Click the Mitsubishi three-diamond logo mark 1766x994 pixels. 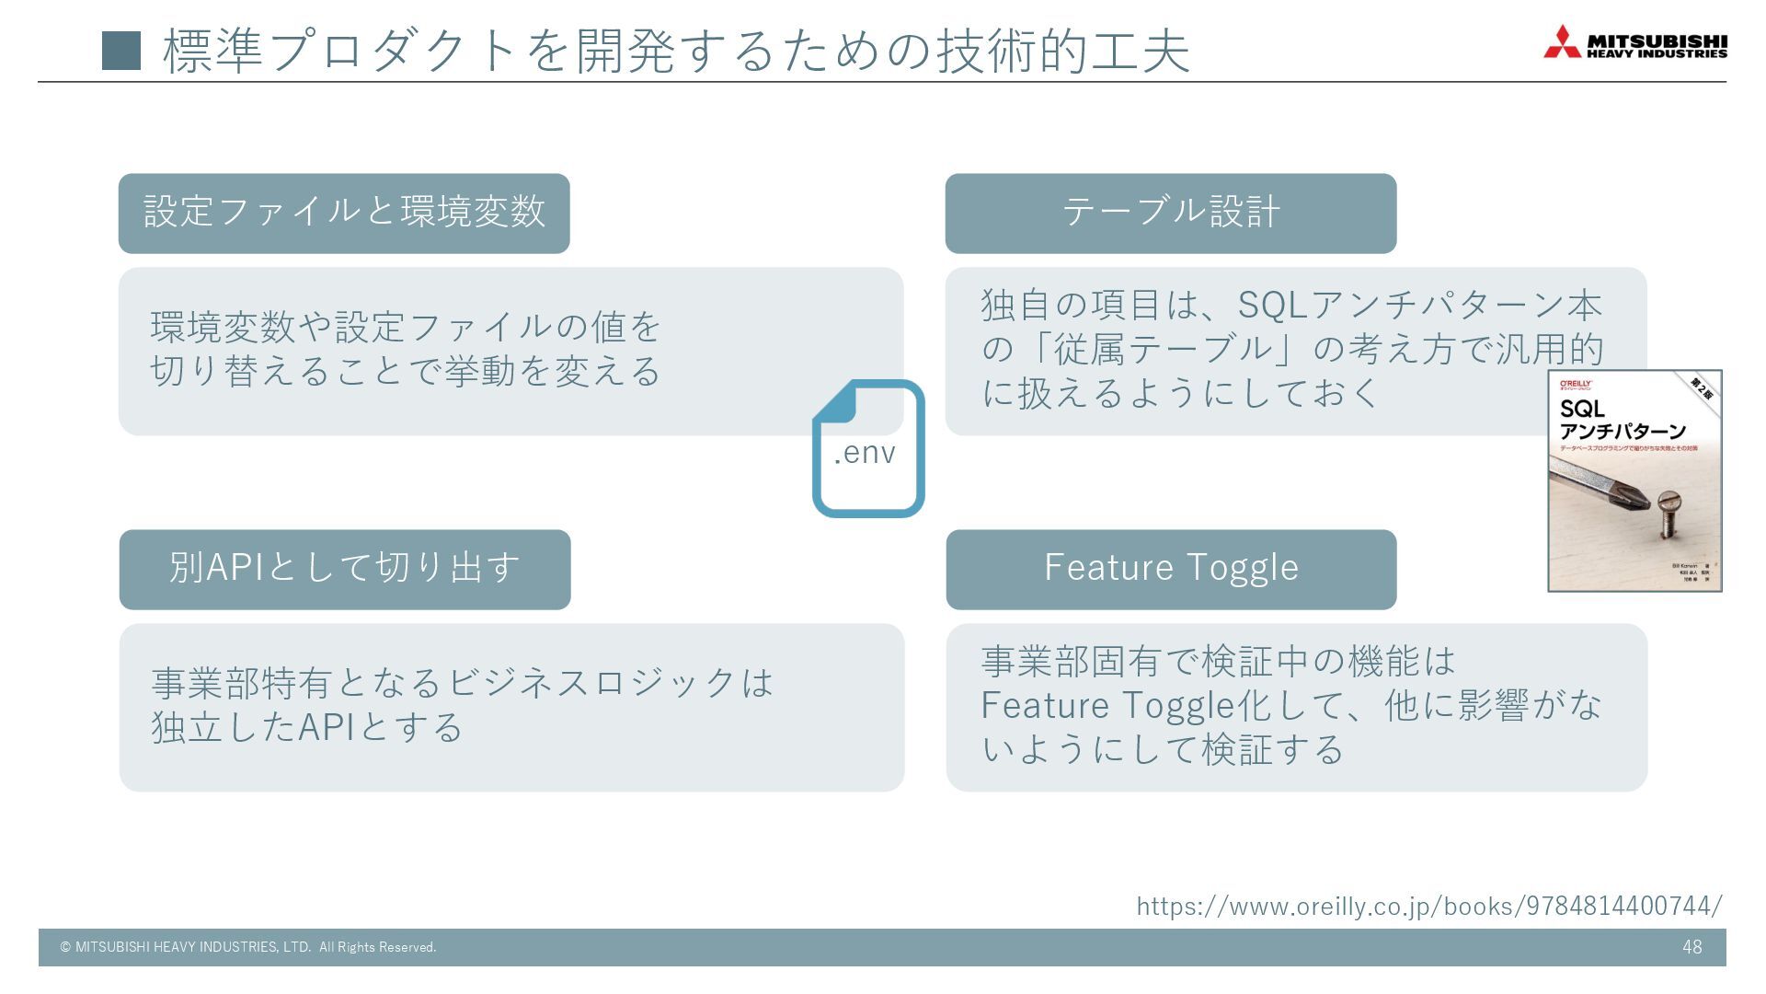(x=1562, y=42)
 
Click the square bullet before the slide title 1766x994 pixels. (x=121, y=51)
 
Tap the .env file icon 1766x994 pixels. (x=867, y=449)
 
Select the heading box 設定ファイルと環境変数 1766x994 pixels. (x=344, y=214)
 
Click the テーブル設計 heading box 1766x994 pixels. (x=1170, y=214)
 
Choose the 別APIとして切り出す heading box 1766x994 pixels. (x=345, y=569)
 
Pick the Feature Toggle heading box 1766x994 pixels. (x=1171, y=569)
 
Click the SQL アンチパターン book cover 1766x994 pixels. (x=1634, y=480)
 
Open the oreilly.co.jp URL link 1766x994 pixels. (x=1428, y=907)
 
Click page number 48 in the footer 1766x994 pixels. (x=1691, y=947)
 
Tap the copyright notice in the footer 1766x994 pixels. (x=248, y=947)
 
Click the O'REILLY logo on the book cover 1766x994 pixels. (x=1576, y=384)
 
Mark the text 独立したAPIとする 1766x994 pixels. (x=307, y=727)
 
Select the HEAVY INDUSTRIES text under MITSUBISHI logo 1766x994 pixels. (x=1657, y=54)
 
